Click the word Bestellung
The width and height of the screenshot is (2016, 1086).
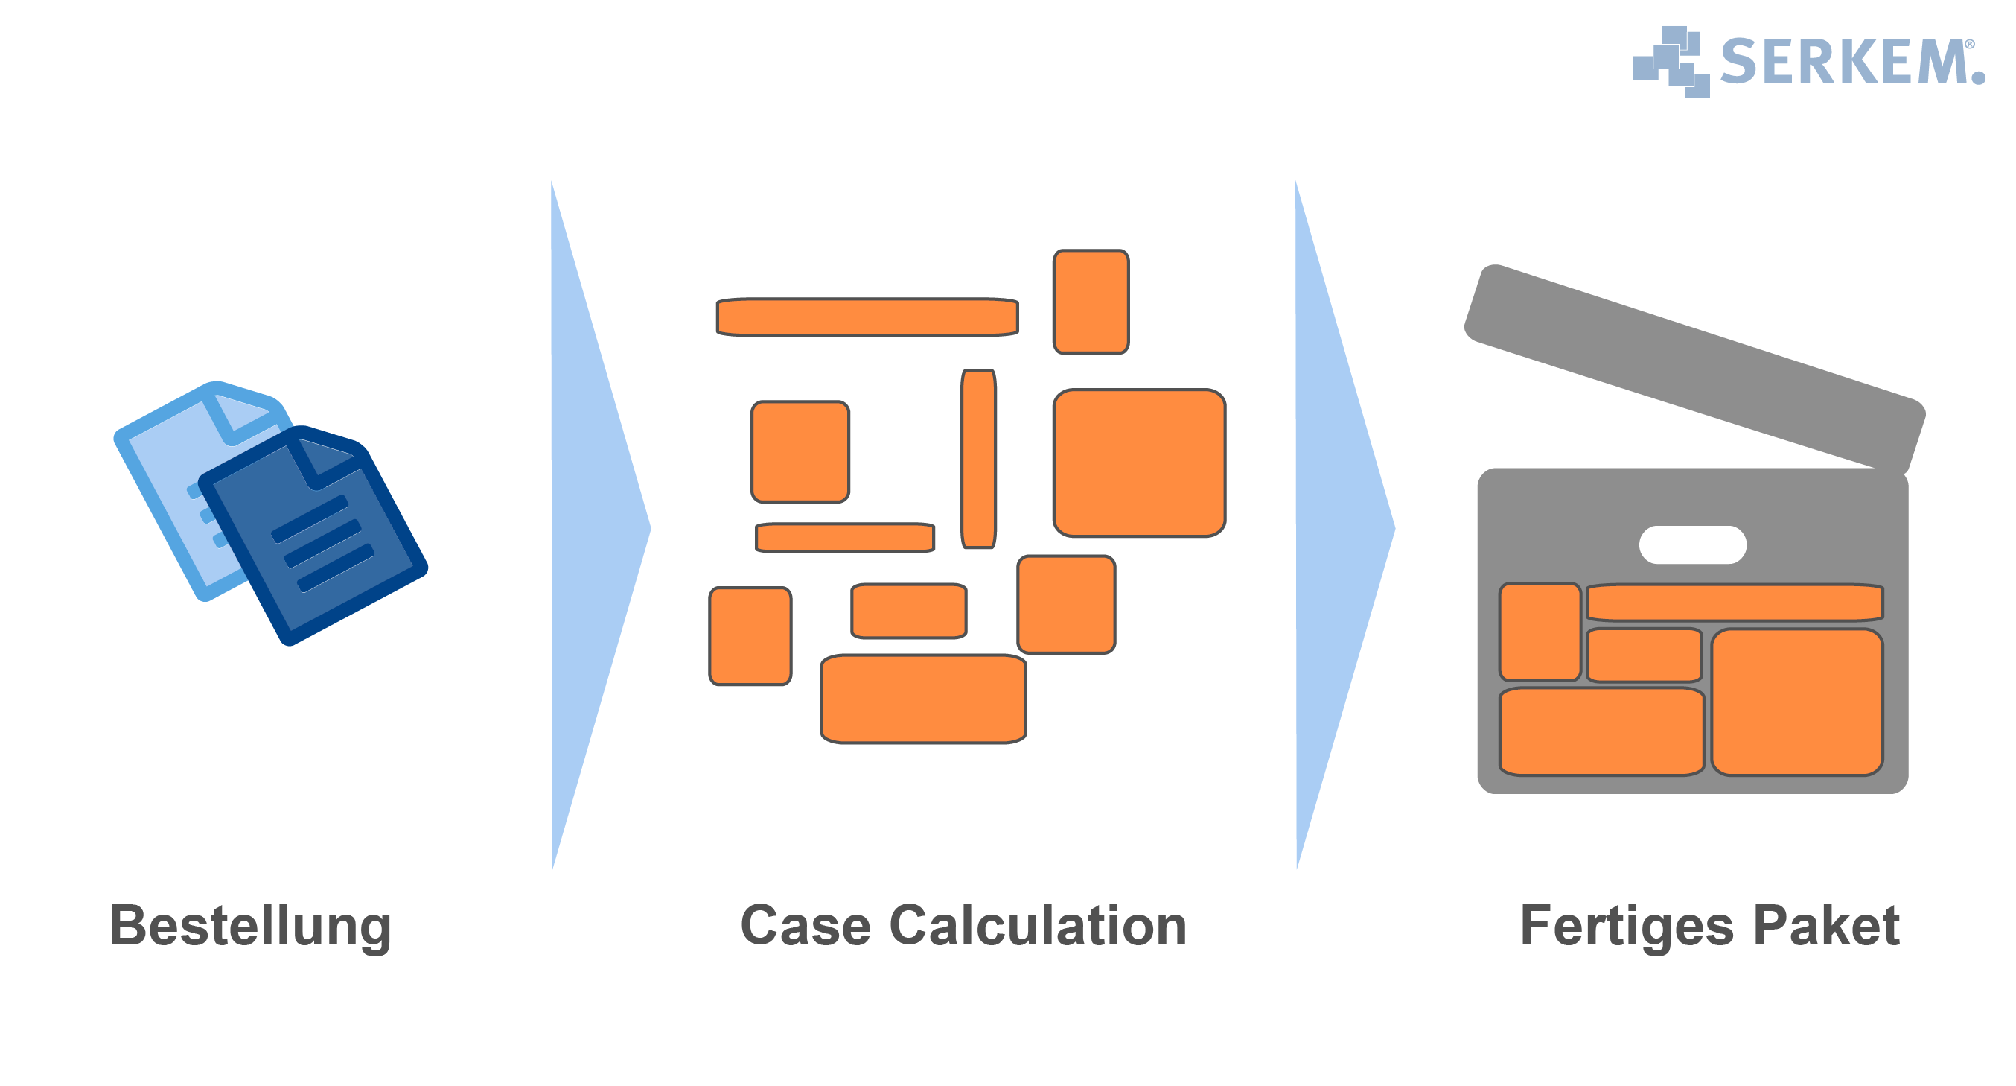coord(249,927)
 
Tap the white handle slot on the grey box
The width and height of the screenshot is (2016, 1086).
coord(1692,545)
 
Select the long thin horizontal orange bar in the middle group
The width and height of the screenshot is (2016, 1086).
coord(867,317)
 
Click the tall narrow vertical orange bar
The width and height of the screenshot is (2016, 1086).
coord(978,459)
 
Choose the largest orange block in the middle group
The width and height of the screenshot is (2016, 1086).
coord(1139,463)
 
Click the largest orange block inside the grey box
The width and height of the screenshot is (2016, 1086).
coord(1797,702)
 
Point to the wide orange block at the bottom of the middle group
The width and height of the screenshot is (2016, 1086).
coord(923,699)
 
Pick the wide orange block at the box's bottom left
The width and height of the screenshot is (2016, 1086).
coord(1601,732)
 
